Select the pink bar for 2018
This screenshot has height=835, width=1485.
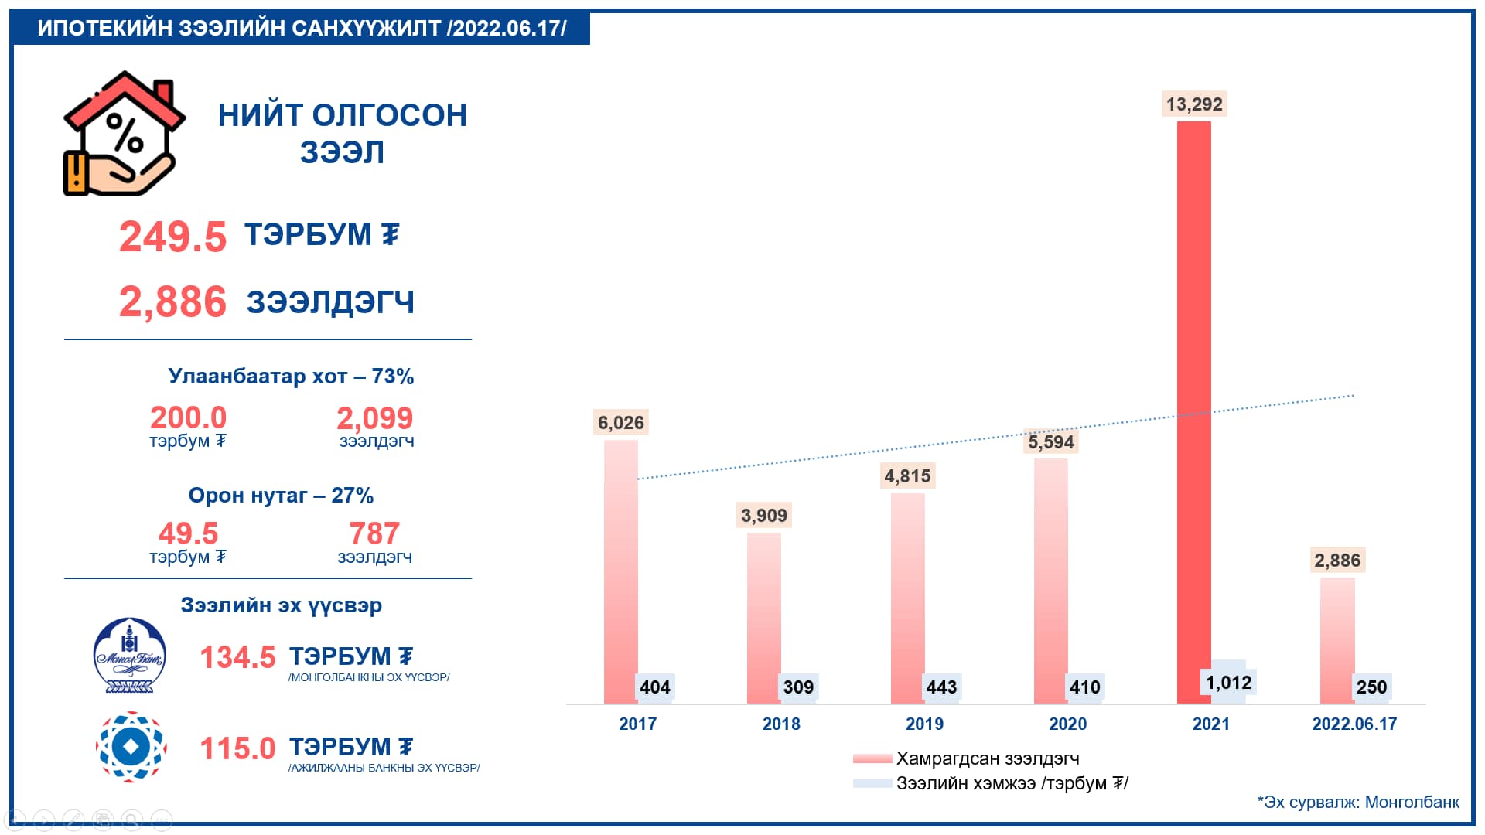[x=763, y=619]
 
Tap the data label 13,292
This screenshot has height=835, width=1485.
[x=1194, y=104]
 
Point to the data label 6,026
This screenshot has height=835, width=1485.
[x=620, y=423]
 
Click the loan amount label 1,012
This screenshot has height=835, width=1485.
[x=1228, y=683]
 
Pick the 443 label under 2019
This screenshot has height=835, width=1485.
[x=941, y=687]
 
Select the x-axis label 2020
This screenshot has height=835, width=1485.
[x=1067, y=724]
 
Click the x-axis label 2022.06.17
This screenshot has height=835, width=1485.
[x=1354, y=724]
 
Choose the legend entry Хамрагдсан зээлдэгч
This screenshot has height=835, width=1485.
[x=987, y=758]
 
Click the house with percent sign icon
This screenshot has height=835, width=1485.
[x=124, y=134]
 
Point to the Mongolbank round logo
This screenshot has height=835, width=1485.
[x=130, y=655]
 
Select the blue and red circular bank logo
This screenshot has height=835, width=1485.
[x=131, y=747]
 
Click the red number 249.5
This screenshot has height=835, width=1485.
[x=172, y=237]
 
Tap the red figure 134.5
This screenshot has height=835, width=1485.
[x=237, y=658]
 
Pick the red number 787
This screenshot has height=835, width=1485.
[x=374, y=533]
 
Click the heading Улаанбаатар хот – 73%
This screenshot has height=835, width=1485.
[x=291, y=377]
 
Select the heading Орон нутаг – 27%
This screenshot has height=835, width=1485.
[x=281, y=496]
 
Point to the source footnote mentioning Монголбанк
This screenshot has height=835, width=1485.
[x=1358, y=803]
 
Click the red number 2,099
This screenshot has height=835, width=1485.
[x=374, y=418]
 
